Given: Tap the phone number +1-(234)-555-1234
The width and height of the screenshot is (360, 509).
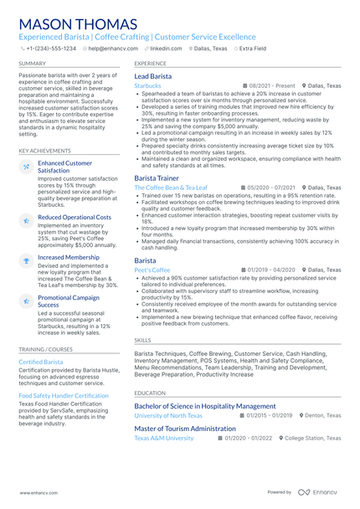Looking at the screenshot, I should click(51, 49).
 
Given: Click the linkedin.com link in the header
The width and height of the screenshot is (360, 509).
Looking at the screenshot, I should click(166, 49).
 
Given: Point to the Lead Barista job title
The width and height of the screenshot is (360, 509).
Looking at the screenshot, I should click(153, 76).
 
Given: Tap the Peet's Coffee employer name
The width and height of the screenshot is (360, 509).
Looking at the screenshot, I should click(152, 270).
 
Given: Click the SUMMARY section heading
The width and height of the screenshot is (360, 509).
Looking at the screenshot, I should click(33, 64).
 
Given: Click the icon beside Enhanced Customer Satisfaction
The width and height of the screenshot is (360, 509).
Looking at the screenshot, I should click(27, 167).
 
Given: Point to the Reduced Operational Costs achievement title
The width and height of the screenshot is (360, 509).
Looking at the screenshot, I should click(75, 217).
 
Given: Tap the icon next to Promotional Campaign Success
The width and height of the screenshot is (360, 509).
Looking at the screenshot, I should click(27, 300).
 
